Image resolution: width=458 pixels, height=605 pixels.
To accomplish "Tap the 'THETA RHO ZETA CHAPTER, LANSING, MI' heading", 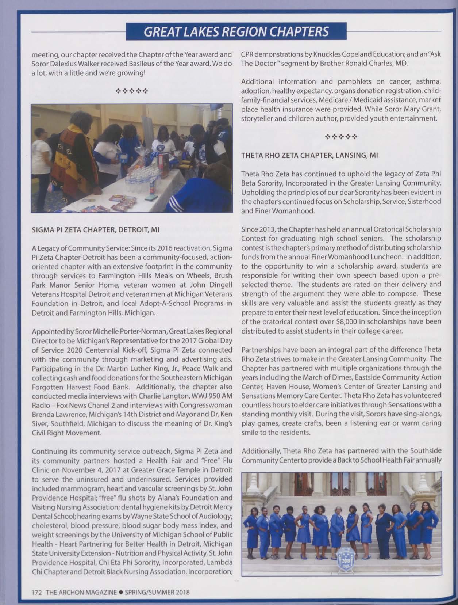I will [309, 155].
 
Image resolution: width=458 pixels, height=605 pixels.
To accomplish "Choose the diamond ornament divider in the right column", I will [341, 137].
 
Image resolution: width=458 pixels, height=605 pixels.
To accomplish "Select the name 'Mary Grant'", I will [421, 109].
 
